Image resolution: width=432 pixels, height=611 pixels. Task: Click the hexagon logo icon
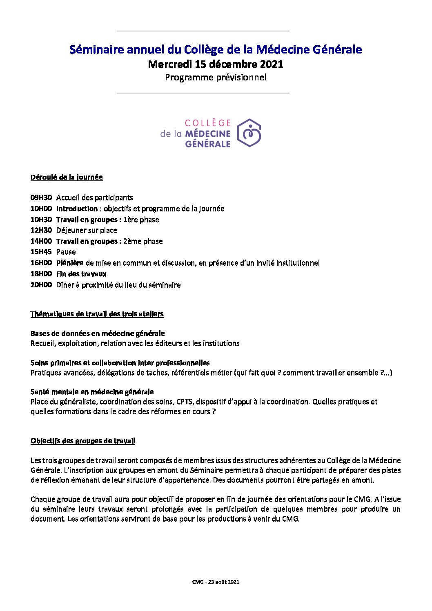(x=249, y=133)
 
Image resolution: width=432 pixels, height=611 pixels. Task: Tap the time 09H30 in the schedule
(x=41, y=198)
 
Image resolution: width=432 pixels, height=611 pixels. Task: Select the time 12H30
(x=41, y=231)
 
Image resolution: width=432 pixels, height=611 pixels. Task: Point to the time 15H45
(x=41, y=252)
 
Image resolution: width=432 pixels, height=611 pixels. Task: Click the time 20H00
(x=41, y=285)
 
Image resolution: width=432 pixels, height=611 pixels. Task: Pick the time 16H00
(x=41, y=263)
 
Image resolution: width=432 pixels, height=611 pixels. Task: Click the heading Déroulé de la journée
(x=67, y=177)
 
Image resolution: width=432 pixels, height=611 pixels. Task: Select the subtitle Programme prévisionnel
(x=216, y=77)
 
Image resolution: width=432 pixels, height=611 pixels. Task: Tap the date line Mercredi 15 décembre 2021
(x=216, y=64)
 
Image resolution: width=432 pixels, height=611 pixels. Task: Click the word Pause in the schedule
(x=66, y=252)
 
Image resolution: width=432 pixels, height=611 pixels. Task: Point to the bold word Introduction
(x=77, y=209)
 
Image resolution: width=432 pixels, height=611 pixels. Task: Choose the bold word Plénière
(x=70, y=263)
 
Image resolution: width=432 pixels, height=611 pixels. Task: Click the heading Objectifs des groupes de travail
(x=83, y=441)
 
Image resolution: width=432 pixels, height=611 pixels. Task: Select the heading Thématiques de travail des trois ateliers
(x=97, y=314)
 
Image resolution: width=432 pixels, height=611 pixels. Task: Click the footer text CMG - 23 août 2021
(x=216, y=582)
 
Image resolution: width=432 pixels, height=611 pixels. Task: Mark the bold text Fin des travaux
(x=81, y=274)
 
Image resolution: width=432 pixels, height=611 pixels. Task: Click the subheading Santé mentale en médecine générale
(x=92, y=392)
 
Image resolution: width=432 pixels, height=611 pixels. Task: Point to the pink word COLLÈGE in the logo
(x=208, y=123)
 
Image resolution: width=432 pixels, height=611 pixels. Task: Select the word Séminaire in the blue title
(x=96, y=50)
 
